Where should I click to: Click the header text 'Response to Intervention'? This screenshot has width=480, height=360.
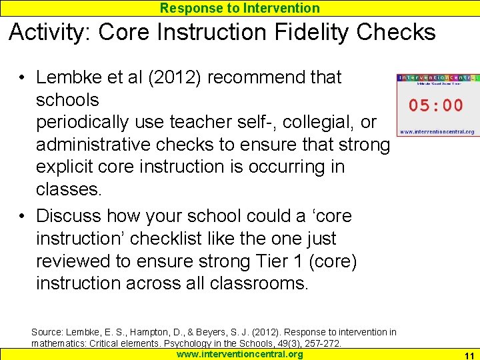240,8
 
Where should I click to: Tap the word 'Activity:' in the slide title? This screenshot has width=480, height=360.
52,32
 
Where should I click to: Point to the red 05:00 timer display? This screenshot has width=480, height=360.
436,105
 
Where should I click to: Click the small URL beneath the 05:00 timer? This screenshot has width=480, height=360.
437,132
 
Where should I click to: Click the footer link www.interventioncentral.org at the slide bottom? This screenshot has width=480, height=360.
240,354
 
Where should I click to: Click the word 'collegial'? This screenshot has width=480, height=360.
323,123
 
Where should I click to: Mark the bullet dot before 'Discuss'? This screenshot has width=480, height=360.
23,216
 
